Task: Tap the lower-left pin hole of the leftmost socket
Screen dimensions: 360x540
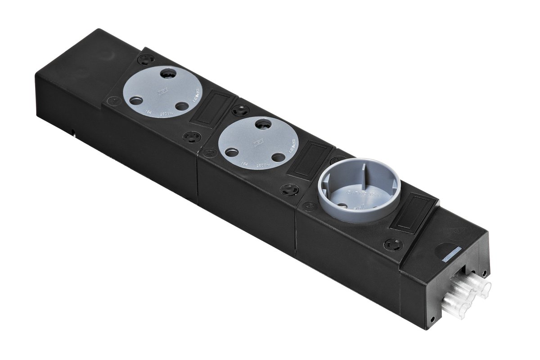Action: [x=135, y=100]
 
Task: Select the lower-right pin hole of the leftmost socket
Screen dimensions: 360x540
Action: [x=181, y=106]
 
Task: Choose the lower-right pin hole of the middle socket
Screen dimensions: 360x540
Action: [x=279, y=157]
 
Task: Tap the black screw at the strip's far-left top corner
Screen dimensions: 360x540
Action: [x=148, y=59]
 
